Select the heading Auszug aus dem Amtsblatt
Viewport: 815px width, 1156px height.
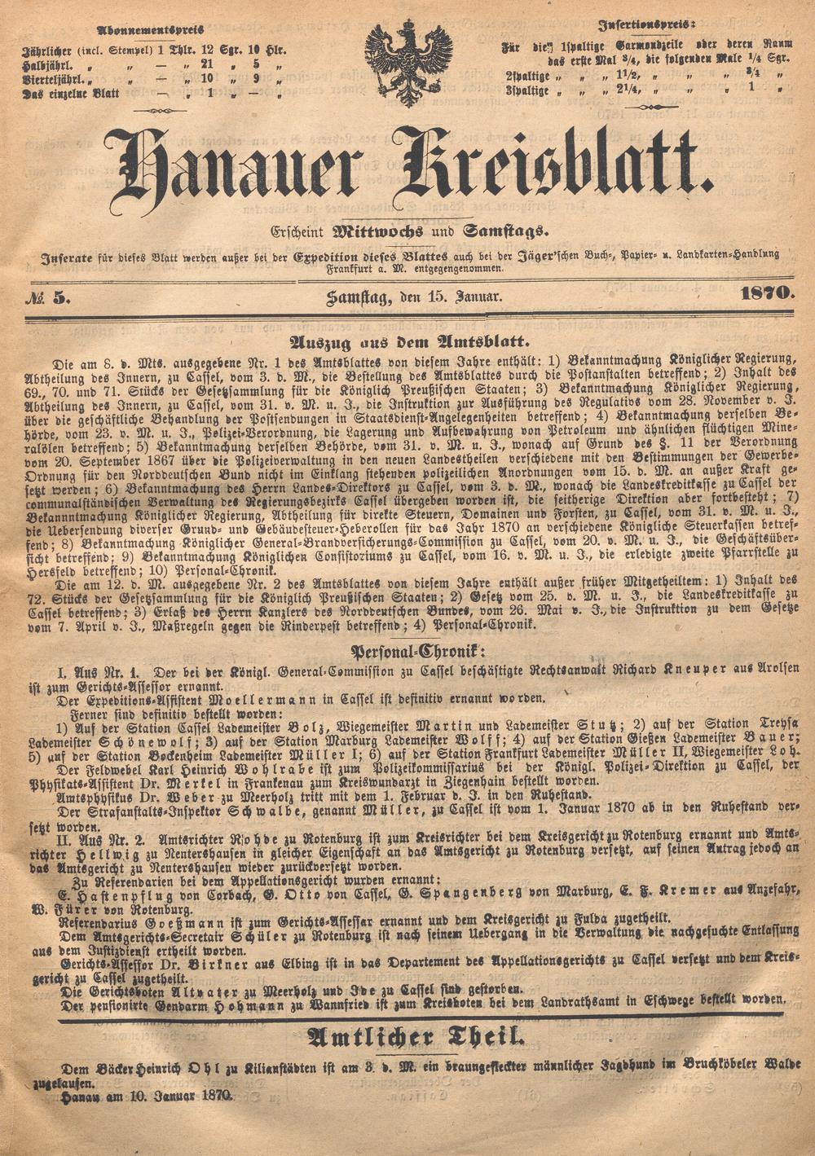pyautogui.click(x=407, y=343)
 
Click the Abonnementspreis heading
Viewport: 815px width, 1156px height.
pyautogui.click(x=152, y=30)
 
